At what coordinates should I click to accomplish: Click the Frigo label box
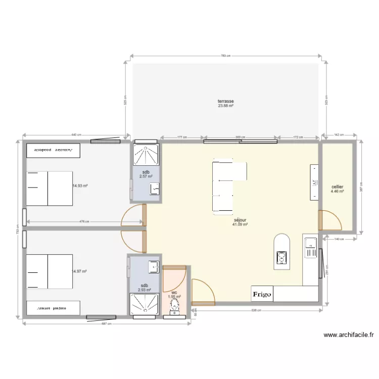point(262,294)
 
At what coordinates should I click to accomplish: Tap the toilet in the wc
point(175,306)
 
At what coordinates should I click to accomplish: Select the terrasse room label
point(225,101)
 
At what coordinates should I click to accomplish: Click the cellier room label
point(337,187)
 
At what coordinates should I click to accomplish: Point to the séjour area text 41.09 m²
point(240,224)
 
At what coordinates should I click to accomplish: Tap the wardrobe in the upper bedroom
point(53,150)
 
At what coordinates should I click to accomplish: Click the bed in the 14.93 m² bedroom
point(49,188)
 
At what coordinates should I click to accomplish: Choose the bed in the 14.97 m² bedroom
point(49,271)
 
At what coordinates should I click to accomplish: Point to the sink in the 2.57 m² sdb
point(155,188)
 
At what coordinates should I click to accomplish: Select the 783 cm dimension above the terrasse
point(225,56)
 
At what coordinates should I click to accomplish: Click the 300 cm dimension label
point(240,137)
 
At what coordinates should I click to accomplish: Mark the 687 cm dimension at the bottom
point(107,323)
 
